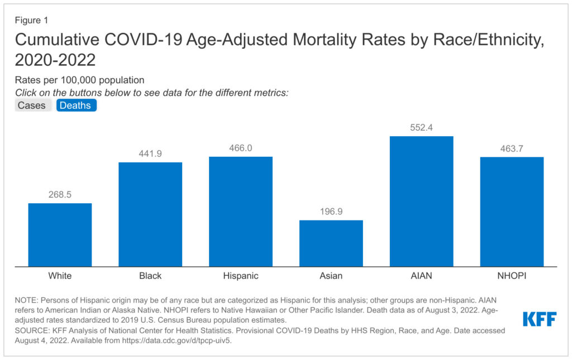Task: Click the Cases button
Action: [32, 105]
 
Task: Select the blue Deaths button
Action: [76, 105]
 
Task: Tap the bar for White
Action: [60, 234]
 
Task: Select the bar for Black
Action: [150, 214]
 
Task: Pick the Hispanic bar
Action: [241, 212]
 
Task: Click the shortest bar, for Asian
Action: [331, 243]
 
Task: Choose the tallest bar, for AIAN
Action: [421, 201]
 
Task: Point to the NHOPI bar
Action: [512, 212]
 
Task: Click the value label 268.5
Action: [60, 195]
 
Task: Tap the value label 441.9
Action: [150, 153]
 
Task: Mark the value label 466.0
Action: [241, 148]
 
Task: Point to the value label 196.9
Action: [331, 212]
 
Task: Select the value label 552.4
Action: [421, 127]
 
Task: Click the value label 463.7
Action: [512, 148]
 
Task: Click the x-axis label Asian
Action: [331, 276]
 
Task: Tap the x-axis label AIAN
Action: [421, 276]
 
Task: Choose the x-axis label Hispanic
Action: [241, 276]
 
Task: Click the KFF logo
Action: [540, 319]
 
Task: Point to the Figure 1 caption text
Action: [31, 20]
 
